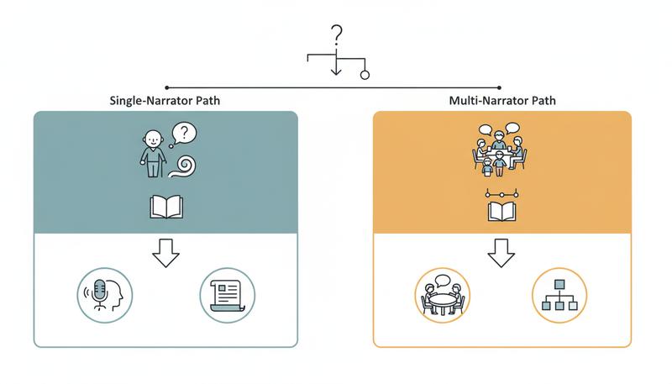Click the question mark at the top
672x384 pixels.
click(x=337, y=36)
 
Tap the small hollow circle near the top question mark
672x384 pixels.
click(x=365, y=74)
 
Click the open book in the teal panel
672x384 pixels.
click(x=165, y=207)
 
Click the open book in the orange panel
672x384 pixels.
click(x=502, y=210)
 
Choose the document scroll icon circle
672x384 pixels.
click(x=227, y=295)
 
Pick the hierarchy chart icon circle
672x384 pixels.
click(x=559, y=295)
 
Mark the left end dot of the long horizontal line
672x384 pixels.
click(x=167, y=87)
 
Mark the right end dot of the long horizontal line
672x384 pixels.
click(x=501, y=87)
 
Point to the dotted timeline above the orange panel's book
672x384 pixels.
click(x=502, y=193)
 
